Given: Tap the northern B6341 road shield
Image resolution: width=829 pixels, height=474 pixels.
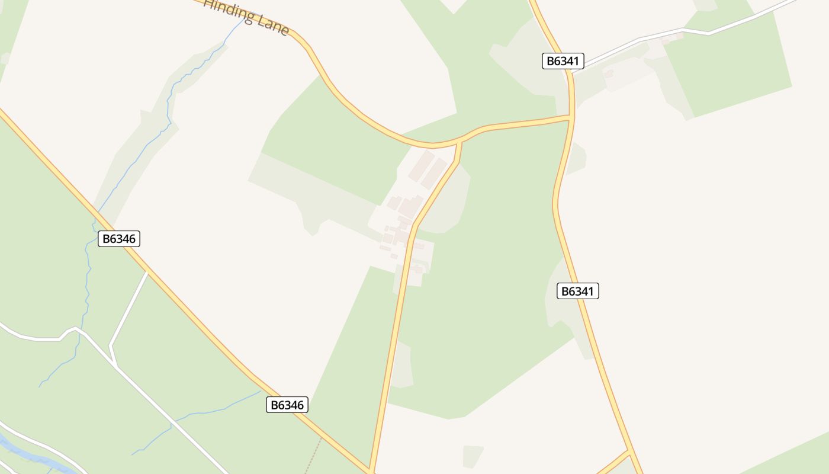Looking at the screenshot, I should coord(563,61).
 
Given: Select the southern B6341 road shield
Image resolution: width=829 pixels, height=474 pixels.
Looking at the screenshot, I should coord(577,291).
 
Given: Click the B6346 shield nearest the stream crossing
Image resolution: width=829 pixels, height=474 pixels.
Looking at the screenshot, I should coord(118,239).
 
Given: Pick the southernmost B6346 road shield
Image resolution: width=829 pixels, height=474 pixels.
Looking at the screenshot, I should coord(287,405).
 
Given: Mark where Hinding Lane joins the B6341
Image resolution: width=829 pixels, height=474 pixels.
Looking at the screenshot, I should coord(571,118).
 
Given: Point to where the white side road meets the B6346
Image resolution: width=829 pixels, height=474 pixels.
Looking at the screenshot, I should coord(147,272).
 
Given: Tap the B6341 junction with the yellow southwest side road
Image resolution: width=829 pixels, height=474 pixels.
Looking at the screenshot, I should coord(629,451).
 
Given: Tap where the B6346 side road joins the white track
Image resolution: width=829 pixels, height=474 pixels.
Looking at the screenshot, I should coord(116,367).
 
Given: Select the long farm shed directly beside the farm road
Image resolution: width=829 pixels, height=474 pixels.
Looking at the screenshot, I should coord(434,172).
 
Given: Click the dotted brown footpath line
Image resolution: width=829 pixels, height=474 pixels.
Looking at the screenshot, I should coord(313,456).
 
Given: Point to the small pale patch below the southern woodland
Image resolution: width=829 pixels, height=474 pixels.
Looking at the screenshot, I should coord(473,455).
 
